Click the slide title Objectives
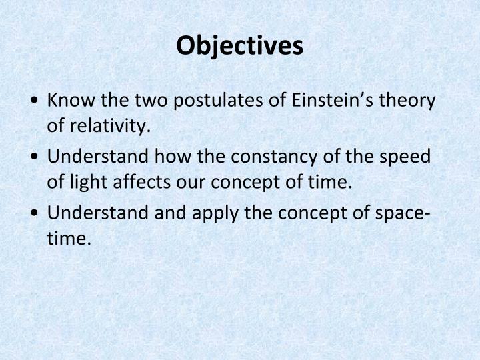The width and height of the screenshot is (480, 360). coord(240,45)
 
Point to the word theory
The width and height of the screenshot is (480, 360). coord(407,101)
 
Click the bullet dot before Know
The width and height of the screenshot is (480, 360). coord(34,102)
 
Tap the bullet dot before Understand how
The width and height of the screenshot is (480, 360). coord(34,157)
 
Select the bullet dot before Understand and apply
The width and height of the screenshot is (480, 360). coord(34,213)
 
